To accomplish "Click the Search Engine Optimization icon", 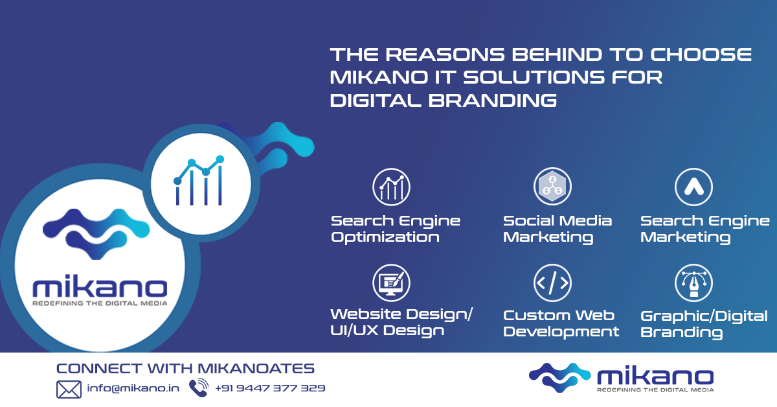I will coord(391,187).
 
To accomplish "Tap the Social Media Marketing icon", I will coord(552,187).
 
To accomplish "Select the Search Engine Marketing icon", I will coord(693,187).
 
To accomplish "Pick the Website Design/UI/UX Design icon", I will coord(391,283).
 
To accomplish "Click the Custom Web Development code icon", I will coord(552,283).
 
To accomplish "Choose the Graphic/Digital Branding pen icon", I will coord(693,283).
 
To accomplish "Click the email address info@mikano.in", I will coord(133,389).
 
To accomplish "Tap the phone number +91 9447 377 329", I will coord(270,389).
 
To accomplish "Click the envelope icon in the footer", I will coord(69,389).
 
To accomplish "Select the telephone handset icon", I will coord(198,388).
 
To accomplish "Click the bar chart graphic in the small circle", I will coord(198,181).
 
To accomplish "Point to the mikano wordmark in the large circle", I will coord(99,287).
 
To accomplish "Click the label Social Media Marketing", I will coord(557,229).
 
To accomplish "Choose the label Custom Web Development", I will coord(561,323).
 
